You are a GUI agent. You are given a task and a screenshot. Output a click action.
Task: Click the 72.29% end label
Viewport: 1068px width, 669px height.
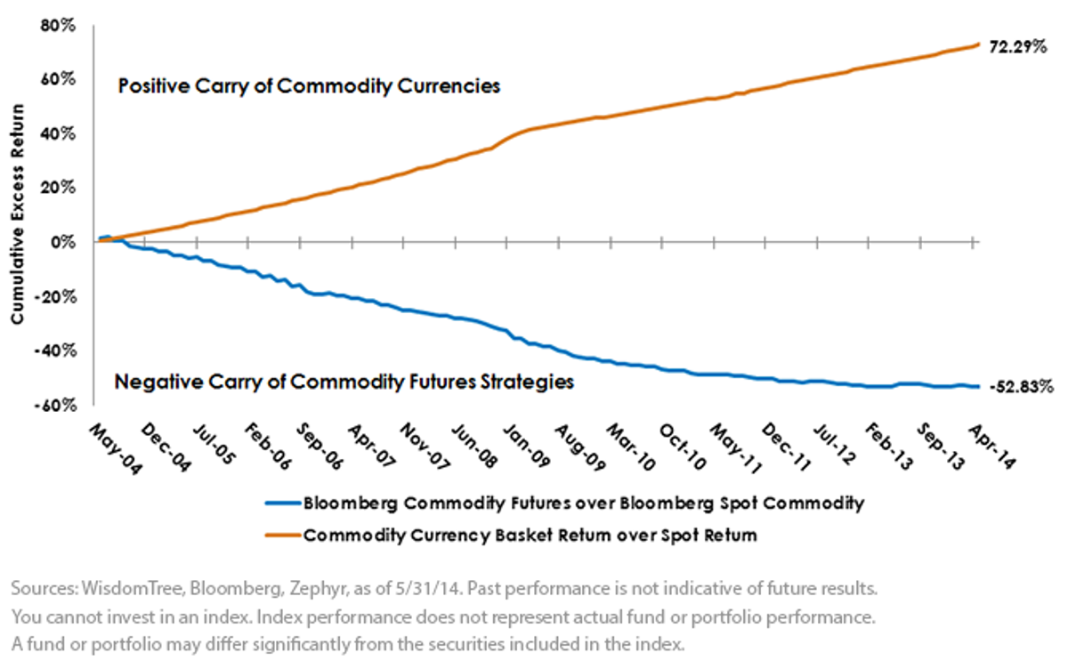(1018, 46)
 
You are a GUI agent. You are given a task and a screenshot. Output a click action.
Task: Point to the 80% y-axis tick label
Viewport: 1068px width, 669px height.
(58, 25)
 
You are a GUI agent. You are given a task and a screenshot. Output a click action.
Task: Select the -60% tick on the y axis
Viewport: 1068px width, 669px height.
(55, 406)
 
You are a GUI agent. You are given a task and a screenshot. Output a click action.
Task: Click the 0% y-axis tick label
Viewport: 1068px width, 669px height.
(63, 242)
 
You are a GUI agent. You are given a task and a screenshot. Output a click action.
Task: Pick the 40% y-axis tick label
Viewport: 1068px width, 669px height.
(58, 134)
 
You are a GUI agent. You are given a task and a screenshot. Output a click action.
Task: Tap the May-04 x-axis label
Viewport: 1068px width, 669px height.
(116, 449)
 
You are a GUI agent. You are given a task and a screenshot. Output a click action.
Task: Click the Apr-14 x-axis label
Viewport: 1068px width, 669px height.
(991, 447)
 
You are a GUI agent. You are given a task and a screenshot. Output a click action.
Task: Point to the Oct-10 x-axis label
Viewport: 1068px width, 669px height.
(682, 447)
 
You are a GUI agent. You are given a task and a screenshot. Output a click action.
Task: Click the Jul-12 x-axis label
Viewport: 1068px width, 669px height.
(835, 445)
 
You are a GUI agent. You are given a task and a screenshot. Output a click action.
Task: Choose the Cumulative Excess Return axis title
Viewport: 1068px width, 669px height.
(18, 214)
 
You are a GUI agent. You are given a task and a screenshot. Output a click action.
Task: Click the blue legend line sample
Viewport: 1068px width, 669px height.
(283, 504)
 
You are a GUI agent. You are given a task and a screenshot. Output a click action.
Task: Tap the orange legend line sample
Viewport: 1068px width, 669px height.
(283, 535)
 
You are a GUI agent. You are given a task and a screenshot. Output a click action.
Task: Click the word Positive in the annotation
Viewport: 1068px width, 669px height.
(153, 86)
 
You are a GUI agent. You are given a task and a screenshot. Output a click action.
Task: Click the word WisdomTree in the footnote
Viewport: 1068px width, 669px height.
(132, 588)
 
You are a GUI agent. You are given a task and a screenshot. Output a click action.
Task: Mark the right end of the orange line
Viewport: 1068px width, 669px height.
(979, 44)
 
